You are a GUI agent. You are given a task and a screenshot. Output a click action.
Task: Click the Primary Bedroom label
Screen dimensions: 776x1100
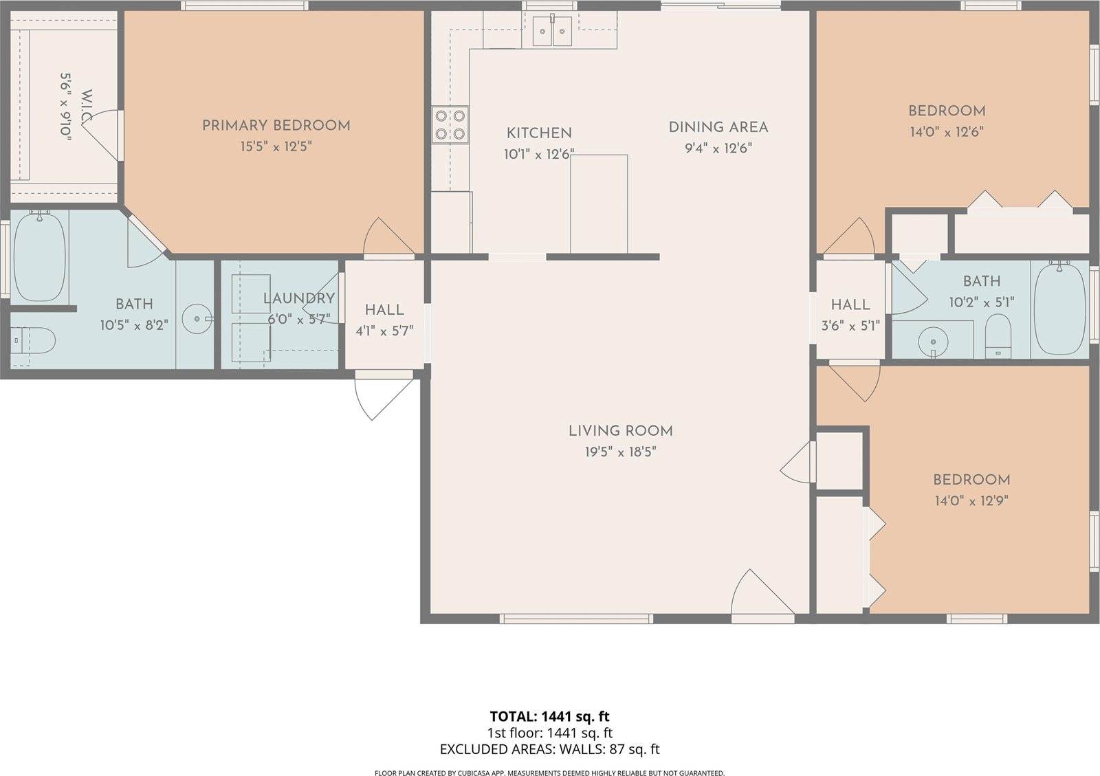click(276, 125)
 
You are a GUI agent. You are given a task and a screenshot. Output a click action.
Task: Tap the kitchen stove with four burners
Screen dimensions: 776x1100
click(450, 125)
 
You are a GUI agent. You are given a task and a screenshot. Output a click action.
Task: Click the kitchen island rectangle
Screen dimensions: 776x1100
click(599, 204)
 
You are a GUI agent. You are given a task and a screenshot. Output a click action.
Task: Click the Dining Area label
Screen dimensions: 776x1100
click(718, 126)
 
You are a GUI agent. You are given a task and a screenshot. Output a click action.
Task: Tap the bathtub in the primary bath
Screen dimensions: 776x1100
click(39, 257)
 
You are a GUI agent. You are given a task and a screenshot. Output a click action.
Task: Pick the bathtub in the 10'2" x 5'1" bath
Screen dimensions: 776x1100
click(1059, 309)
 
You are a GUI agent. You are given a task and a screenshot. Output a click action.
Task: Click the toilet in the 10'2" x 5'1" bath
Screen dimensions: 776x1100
click(998, 335)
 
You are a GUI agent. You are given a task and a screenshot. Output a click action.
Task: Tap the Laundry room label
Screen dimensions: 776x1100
click(299, 298)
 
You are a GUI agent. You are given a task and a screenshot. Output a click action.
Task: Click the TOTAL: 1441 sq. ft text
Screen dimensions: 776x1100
click(549, 717)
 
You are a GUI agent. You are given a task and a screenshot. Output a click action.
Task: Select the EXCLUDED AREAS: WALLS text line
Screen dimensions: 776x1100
click(549, 749)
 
